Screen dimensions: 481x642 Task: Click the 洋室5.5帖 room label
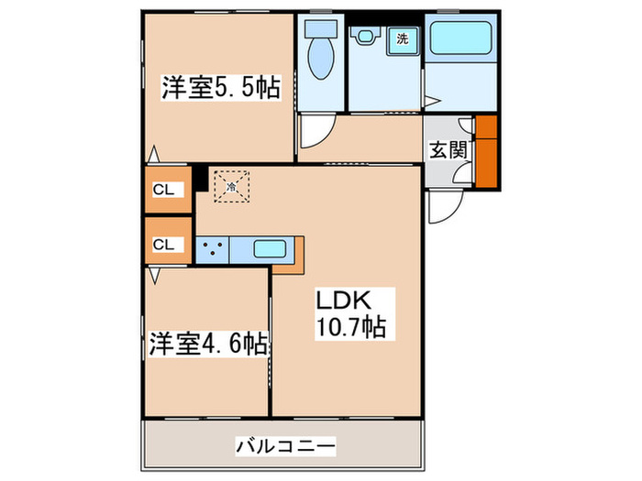(x=221, y=88)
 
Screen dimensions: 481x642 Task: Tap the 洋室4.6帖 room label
(x=209, y=345)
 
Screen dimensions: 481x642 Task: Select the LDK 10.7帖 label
(x=350, y=312)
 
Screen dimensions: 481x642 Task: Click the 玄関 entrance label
(x=447, y=150)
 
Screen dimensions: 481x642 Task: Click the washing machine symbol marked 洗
(x=402, y=38)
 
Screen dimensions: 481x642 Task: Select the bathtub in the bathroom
(x=461, y=38)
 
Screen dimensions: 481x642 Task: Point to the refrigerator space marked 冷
(x=232, y=186)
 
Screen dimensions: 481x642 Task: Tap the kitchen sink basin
(x=271, y=247)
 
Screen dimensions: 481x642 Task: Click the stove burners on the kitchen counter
(x=212, y=248)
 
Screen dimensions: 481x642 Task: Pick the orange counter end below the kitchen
(x=288, y=267)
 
